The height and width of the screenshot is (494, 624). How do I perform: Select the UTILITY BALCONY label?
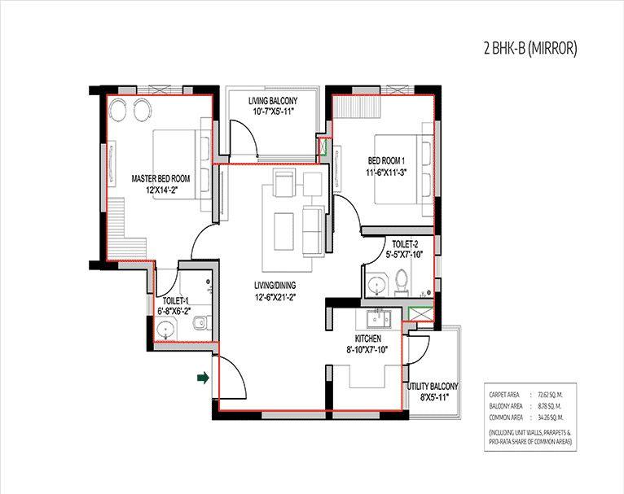[x=433, y=387]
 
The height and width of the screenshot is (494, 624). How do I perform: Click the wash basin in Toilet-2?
[x=376, y=285]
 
